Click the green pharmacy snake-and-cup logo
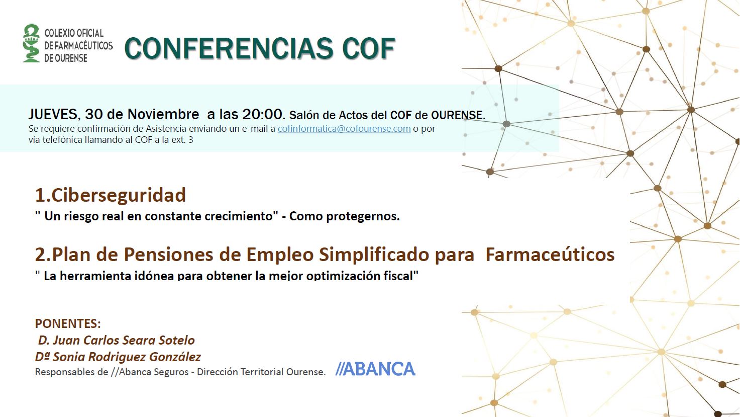[32, 43]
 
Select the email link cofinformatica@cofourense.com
[344, 128]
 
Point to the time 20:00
[264, 114]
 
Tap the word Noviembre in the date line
[163, 114]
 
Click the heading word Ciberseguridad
[119, 195]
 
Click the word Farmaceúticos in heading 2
[550, 255]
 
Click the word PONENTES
[68, 323]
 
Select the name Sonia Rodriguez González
[127, 357]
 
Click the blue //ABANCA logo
[375, 369]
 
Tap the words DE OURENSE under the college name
[66, 58]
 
